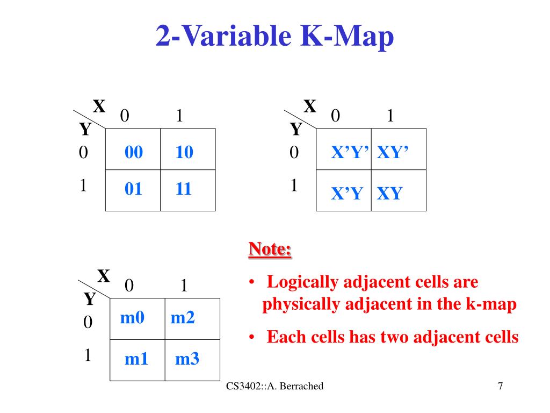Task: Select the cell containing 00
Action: pyautogui.click(x=134, y=153)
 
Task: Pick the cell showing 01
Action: pyautogui.click(x=134, y=189)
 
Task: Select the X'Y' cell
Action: pyautogui.click(x=350, y=153)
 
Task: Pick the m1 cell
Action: pyautogui.click(x=136, y=359)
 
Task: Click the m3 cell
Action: pyautogui.click(x=187, y=359)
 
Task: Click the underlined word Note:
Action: pyautogui.click(x=270, y=250)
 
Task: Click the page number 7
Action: pyautogui.click(x=500, y=386)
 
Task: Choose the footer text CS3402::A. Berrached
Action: pyautogui.click(x=275, y=386)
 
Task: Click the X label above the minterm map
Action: pyautogui.click(x=104, y=276)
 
